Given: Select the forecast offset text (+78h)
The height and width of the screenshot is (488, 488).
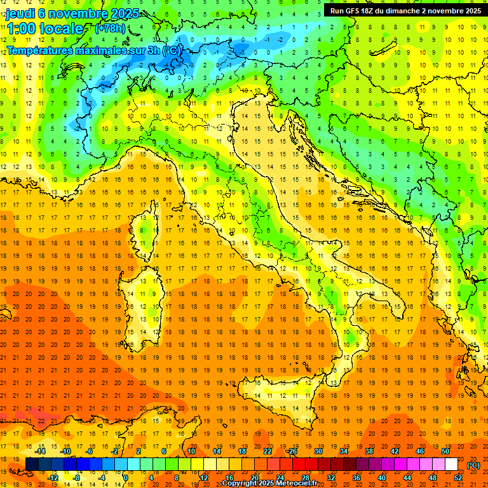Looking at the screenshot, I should click(111, 29).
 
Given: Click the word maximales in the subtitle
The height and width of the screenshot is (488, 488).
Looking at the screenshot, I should click(94, 50).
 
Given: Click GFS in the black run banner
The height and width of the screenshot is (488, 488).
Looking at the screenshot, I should click(354, 11).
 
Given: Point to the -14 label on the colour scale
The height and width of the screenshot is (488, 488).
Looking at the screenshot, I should click(41, 451).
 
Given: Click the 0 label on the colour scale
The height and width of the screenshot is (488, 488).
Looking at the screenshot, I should click(126, 478).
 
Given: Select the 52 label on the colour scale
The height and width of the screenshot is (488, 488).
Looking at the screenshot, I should click(458, 478).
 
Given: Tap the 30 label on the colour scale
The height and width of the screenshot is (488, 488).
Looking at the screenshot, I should click(318, 451).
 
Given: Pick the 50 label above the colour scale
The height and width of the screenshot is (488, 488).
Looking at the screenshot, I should click(445, 451).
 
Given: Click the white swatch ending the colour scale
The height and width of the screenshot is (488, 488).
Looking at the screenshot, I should click(451, 464).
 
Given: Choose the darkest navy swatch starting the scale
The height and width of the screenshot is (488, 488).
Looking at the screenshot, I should click(32, 464).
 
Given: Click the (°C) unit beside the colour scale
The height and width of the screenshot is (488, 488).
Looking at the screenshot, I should click(473, 465).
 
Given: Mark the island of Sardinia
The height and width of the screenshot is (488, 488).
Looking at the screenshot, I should click(146, 299).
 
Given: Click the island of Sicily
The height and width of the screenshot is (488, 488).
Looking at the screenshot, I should click(280, 394).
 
